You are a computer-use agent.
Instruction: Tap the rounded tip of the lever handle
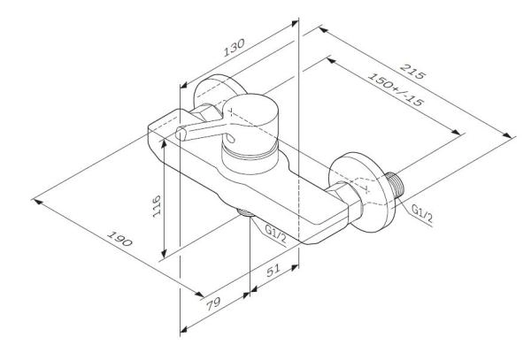pos(182,134)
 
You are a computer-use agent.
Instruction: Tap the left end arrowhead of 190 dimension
pos(36,198)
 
